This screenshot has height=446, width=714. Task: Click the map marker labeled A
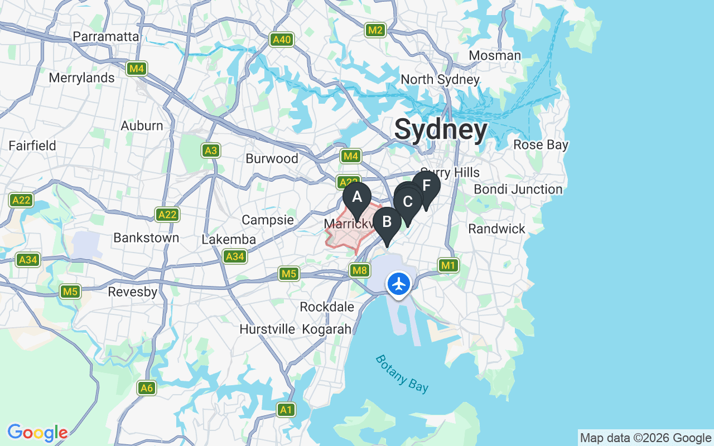click(x=357, y=197)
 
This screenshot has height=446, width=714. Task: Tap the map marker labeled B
click(x=387, y=222)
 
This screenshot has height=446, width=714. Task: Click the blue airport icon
click(x=399, y=284)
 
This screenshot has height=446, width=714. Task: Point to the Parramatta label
click(x=106, y=37)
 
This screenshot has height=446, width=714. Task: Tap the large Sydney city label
click(x=441, y=130)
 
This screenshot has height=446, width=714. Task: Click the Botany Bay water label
click(x=402, y=374)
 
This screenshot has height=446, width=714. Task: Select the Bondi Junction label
click(x=518, y=190)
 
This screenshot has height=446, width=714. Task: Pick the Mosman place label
click(x=495, y=56)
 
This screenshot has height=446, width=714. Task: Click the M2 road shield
click(x=375, y=30)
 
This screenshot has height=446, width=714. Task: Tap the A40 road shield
click(x=282, y=40)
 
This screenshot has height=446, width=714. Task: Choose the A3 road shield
click(x=210, y=151)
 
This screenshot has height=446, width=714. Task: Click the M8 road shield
click(x=360, y=271)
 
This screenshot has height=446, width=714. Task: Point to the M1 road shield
click(x=448, y=266)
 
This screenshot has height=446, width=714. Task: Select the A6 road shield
click(x=147, y=388)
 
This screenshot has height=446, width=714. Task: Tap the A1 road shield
click(x=286, y=410)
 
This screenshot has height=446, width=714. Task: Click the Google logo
click(x=37, y=433)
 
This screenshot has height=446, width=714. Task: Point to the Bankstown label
click(x=146, y=238)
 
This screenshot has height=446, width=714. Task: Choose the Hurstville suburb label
click(x=267, y=329)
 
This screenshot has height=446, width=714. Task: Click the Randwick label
click(x=496, y=229)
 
